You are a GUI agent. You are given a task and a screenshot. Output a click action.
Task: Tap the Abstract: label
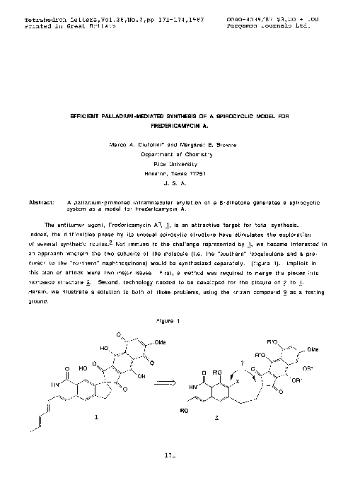[x=42, y=201]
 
